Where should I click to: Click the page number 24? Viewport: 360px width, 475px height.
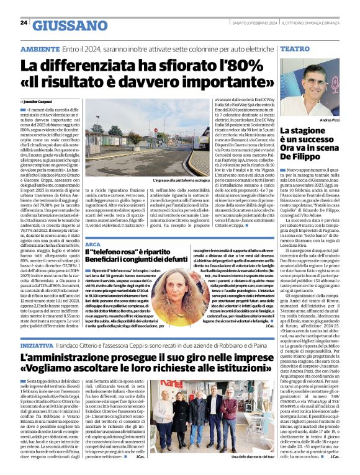point(25,22)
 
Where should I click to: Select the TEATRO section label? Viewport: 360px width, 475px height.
point(295,48)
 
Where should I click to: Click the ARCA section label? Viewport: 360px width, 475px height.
point(94,244)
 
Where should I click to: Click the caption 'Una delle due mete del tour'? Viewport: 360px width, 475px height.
point(253,457)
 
